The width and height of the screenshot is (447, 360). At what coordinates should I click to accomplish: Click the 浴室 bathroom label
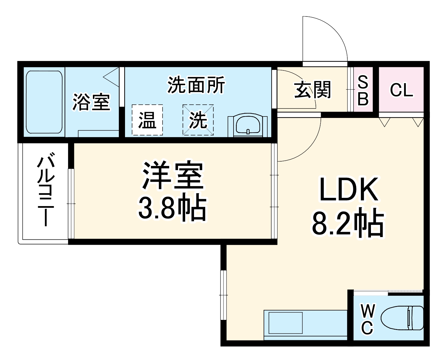coord(91,102)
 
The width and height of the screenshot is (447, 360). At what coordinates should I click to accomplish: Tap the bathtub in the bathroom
coord(44,102)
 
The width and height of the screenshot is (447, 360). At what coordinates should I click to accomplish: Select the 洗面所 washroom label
coord(196,85)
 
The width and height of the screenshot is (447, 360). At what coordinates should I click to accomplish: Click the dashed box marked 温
coord(147,120)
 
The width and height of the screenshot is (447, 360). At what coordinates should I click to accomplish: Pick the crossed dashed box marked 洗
coord(198,120)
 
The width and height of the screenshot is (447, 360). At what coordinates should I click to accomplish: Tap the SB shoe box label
coord(363,90)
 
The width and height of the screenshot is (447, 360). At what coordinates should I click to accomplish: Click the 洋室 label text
coord(173,176)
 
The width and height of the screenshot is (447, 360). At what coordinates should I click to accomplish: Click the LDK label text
coord(349,189)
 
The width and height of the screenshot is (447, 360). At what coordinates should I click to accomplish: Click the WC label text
coord(367,320)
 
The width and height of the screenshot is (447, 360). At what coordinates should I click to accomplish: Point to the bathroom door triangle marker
coord(111,77)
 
